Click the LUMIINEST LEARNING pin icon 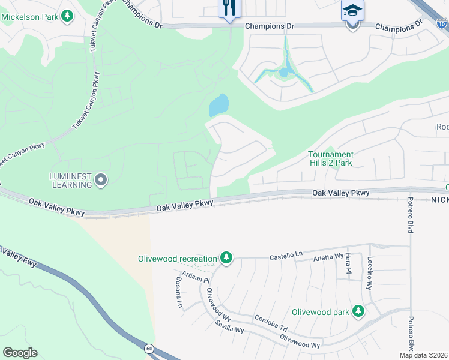101,179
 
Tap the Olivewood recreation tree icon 226,258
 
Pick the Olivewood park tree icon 358,311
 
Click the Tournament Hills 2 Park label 330,158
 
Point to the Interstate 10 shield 442,25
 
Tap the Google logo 20,353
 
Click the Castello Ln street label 286,256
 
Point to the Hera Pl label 348,264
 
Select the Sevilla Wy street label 229,327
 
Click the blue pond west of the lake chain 218,106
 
